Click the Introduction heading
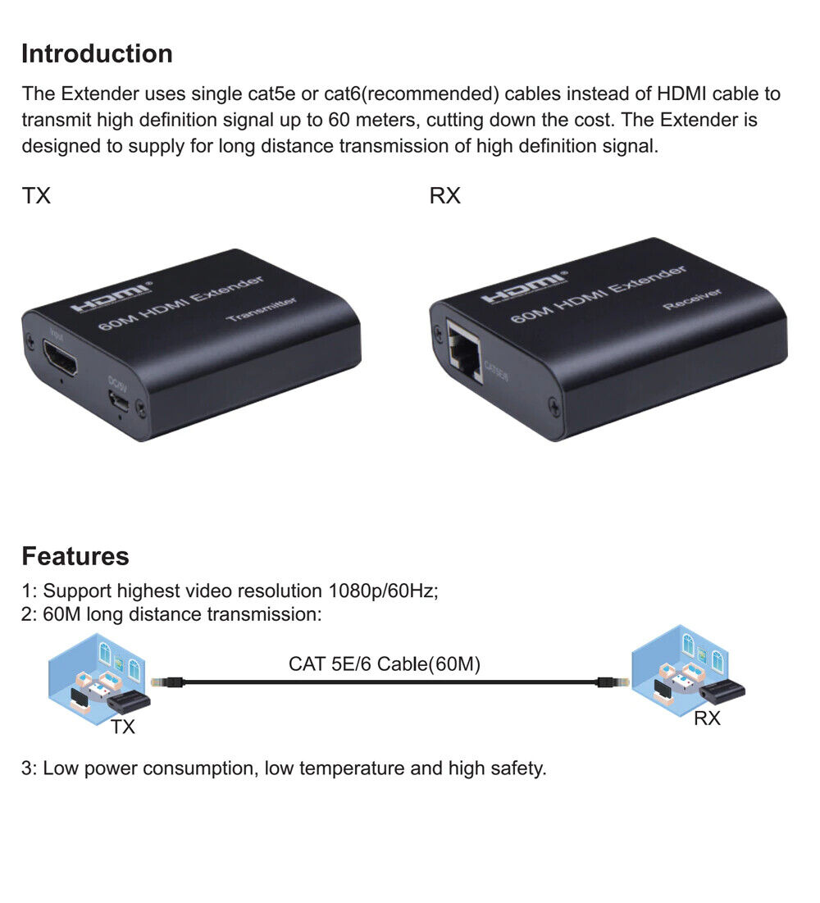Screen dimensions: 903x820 (x=97, y=54)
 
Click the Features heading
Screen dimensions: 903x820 (x=75, y=556)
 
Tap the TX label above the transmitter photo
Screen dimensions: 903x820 (x=36, y=197)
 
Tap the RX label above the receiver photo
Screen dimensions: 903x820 (x=445, y=197)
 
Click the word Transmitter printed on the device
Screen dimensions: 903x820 (x=262, y=309)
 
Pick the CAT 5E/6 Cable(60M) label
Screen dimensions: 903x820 (x=385, y=664)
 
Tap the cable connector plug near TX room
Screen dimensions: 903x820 (x=161, y=682)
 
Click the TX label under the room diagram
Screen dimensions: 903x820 (x=123, y=727)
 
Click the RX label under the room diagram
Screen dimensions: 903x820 (x=707, y=719)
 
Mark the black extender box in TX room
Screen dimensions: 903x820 (x=130, y=701)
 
